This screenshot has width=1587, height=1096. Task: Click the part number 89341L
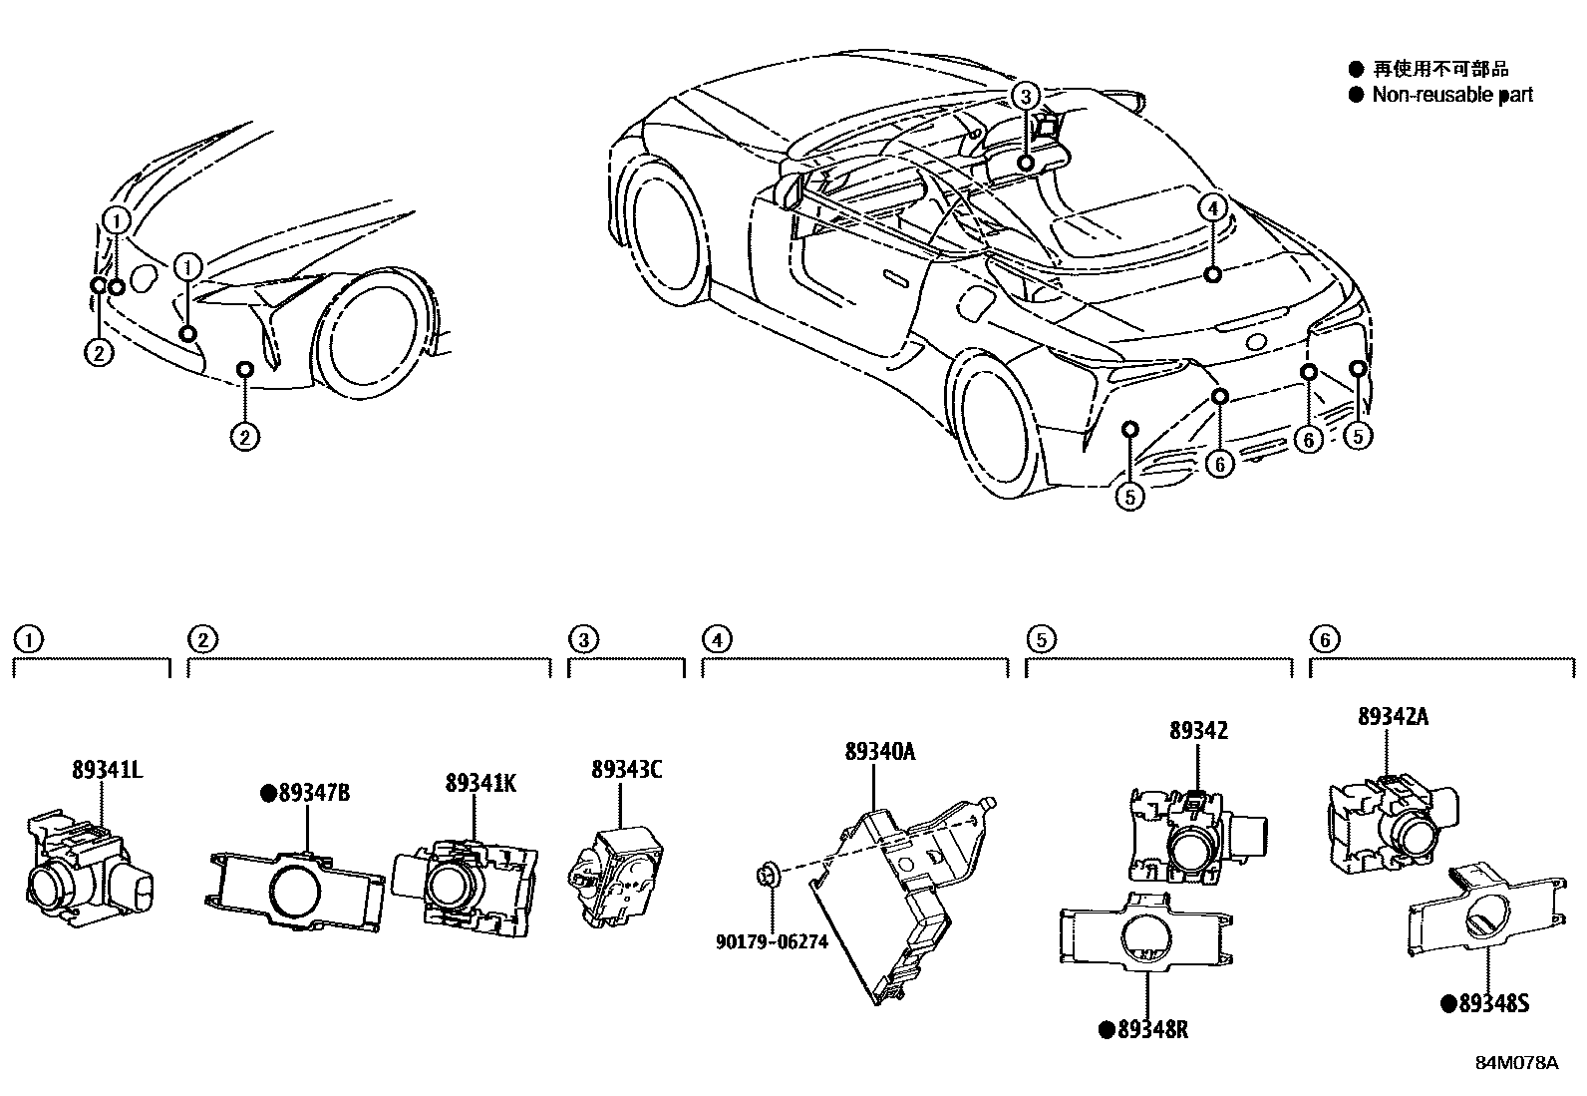point(107,770)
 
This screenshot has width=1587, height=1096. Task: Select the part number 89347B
point(314,794)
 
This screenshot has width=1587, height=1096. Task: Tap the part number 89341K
point(480,784)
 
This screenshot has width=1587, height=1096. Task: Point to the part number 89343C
point(626,770)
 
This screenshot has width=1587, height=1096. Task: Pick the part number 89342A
point(1392,716)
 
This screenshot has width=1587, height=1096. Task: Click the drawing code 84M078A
point(1516,1063)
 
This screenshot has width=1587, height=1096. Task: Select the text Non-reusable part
point(1452,95)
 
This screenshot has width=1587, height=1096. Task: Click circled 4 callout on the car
point(1211,207)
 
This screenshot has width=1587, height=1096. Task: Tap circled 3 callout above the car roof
point(1025,96)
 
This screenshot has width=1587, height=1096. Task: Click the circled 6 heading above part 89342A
point(1323,639)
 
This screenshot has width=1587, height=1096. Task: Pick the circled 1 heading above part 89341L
point(28,639)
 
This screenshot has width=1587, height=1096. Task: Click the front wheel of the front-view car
point(372,332)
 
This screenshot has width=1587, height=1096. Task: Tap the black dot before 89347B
point(267,794)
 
